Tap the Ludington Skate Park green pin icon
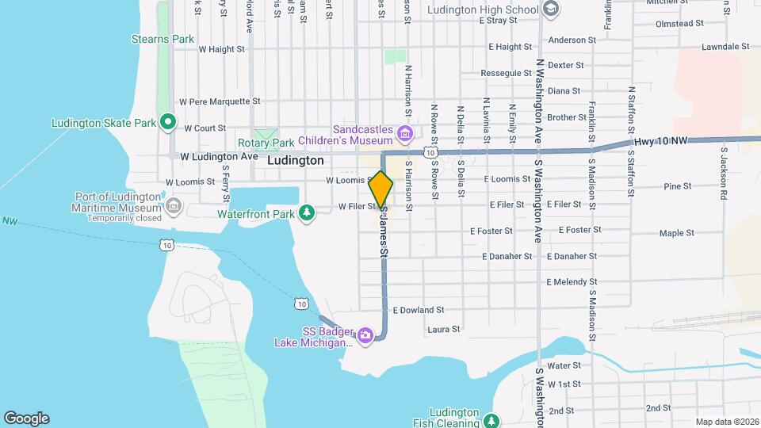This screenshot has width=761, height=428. click(167, 122)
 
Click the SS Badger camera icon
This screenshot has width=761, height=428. click(365, 335)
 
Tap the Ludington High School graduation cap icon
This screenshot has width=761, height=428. click(551, 10)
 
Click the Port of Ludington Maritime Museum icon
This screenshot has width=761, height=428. click(174, 207)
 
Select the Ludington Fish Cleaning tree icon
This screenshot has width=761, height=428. click(492, 420)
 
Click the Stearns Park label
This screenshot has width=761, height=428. click(163, 39)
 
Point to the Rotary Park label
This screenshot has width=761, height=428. click(266, 143)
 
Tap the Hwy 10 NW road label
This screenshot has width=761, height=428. click(661, 142)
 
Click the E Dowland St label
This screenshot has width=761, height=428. click(418, 310)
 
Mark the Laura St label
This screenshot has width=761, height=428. click(444, 329)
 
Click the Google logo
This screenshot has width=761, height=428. click(26, 418)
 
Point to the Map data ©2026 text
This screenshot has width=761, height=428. click(726, 422)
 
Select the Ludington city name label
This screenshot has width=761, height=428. click(295, 160)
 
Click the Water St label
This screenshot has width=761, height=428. click(564, 365)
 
